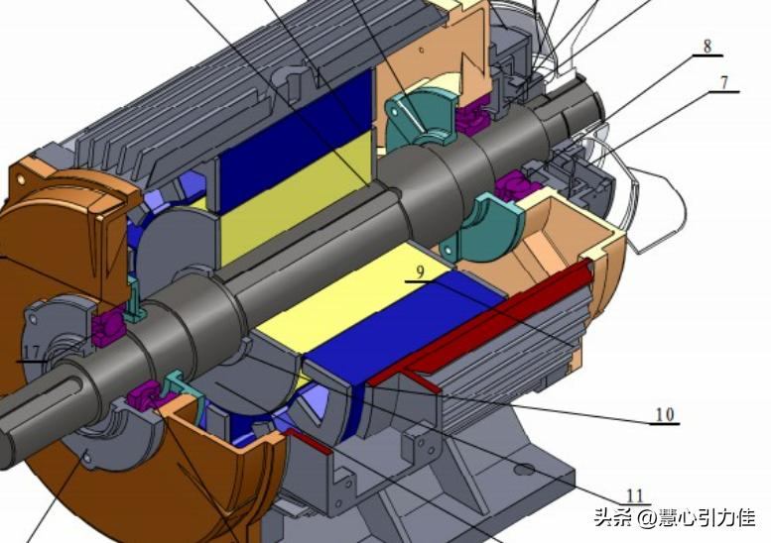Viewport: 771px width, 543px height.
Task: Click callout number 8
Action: (x=707, y=47)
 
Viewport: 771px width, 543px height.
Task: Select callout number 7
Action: (x=723, y=82)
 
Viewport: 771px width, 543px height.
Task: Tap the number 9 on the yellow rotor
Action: (x=420, y=271)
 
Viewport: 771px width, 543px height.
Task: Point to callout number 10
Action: (x=664, y=415)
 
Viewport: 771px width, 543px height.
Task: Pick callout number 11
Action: (x=635, y=495)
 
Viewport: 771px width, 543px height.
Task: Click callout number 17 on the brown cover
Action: (x=32, y=352)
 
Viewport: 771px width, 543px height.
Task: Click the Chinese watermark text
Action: (x=675, y=517)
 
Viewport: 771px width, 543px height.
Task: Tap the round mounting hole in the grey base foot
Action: (x=523, y=471)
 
